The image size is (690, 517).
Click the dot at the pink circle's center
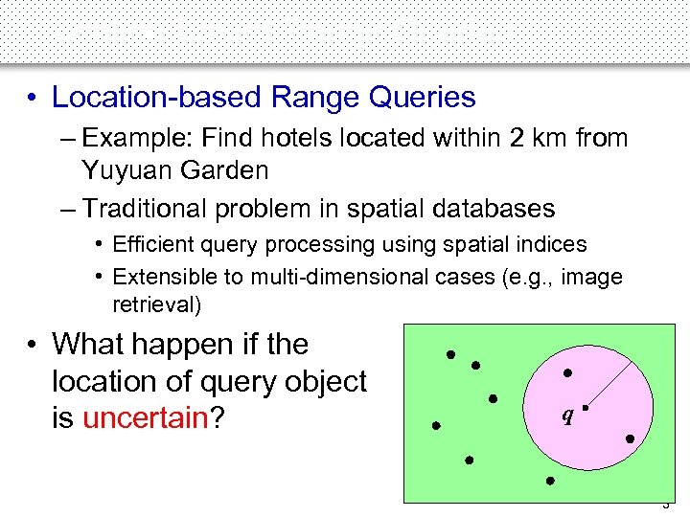pyautogui.click(x=584, y=407)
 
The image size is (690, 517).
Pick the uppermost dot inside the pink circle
pyautogui.click(x=567, y=372)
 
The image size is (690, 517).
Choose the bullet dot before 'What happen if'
pyautogui.click(x=33, y=345)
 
